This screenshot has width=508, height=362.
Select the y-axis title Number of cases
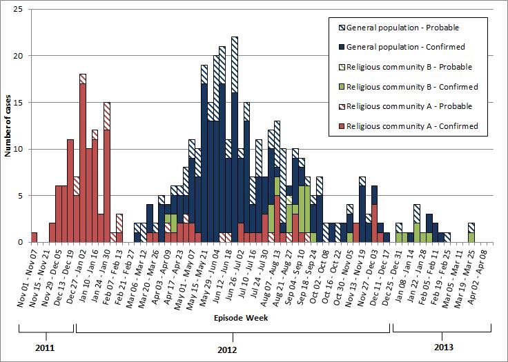coord(9,125)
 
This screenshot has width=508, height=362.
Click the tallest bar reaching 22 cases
coord(235,138)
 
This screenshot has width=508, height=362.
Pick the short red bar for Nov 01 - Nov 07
coord(35,237)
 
